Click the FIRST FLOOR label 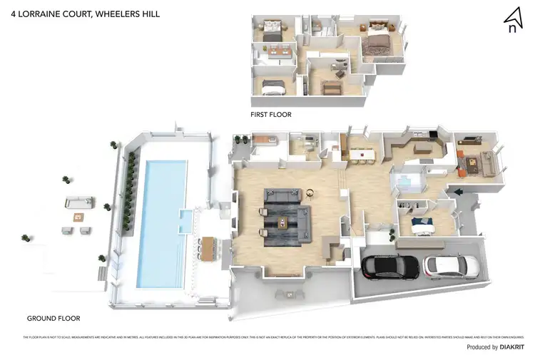[270, 114]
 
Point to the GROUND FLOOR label [53, 318]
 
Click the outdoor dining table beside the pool [208, 247]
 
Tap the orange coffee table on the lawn [78, 216]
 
